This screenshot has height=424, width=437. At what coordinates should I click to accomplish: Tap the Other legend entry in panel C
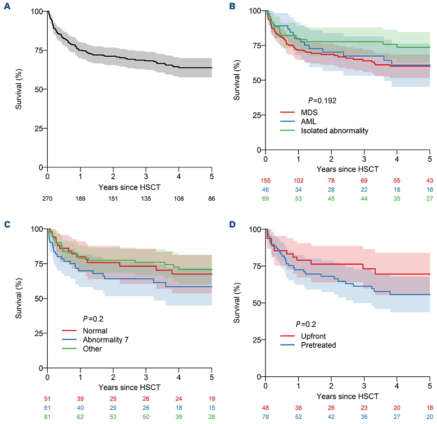83,349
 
